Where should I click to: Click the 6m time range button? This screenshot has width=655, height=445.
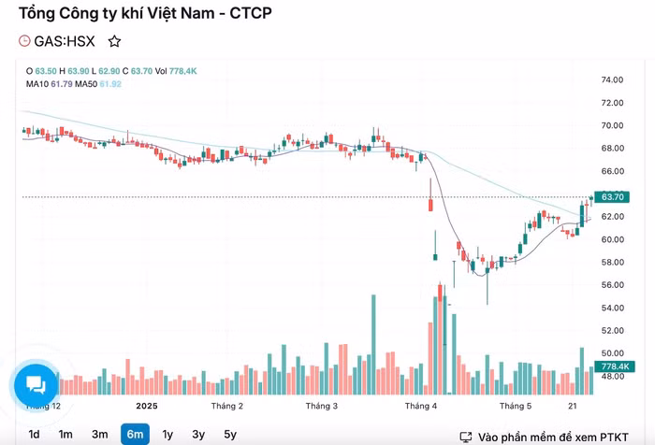pyautogui.click(x=135, y=434)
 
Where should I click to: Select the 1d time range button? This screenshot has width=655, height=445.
pyautogui.click(x=34, y=434)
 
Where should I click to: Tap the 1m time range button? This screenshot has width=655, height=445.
pyautogui.click(x=65, y=434)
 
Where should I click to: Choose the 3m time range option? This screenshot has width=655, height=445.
pyautogui.click(x=99, y=434)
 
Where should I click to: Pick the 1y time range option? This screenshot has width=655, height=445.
pyautogui.click(x=167, y=434)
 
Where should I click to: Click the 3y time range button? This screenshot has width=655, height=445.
pyautogui.click(x=198, y=434)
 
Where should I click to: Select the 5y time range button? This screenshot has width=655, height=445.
pyautogui.click(x=230, y=434)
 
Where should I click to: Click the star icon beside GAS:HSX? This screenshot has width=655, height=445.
pyautogui.click(x=114, y=41)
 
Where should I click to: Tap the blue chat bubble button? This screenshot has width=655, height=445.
pyautogui.click(x=36, y=383)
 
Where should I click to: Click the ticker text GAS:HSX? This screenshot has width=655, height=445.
pyautogui.click(x=65, y=41)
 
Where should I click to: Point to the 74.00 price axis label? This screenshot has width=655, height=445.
pyautogui.click(x=612, y=80)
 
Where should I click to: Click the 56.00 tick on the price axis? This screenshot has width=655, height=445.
pyautogui.click(x=612, y=285)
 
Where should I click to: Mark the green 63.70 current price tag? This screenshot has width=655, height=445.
pyautogui.click(x=613, y=197)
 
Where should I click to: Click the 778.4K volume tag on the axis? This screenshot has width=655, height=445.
pyautogui.click(x=614, y=366)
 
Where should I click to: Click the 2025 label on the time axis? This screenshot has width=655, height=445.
pyautogui.click(x=147, y=407)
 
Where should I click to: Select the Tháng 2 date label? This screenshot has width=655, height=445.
pyautogui.click(x=227, y=407)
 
